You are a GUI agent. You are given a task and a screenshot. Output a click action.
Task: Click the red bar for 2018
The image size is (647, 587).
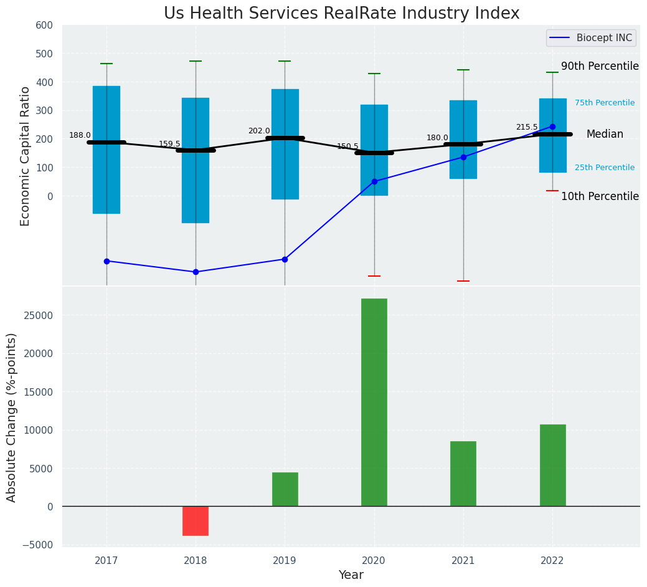coord(196,521)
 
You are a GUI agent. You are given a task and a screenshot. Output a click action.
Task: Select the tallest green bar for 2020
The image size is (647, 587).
coord(374,402)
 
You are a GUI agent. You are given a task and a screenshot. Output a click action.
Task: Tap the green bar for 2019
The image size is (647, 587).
coord(285,489)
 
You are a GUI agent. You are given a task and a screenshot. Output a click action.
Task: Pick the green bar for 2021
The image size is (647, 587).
coord(463,474)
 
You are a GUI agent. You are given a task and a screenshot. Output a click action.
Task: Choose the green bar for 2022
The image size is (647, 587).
coord(552,465)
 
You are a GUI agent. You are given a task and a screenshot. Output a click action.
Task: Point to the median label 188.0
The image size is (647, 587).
coord(80,135)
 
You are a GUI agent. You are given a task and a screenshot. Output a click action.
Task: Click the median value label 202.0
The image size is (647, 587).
coord(259,131)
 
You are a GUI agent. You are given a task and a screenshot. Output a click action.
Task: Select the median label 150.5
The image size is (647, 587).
coord(348,146)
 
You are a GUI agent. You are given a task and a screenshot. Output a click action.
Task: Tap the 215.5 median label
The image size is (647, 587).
coord(527,127)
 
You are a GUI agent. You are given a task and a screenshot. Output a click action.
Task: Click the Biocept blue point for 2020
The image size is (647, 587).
coord(374,181)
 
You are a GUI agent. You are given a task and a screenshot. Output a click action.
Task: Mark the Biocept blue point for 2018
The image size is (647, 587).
coord(196,272)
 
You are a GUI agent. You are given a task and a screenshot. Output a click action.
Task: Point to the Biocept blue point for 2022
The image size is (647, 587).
coord(552,126)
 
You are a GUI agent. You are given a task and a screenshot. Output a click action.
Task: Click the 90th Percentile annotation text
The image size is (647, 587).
coord(600,66)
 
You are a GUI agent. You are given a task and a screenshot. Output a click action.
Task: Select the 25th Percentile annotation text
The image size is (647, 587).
coord(605,168)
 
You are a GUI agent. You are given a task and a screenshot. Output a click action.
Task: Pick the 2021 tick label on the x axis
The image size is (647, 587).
coord(463,561)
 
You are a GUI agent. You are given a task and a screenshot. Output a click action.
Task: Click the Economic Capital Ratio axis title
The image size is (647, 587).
coord(26,156)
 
